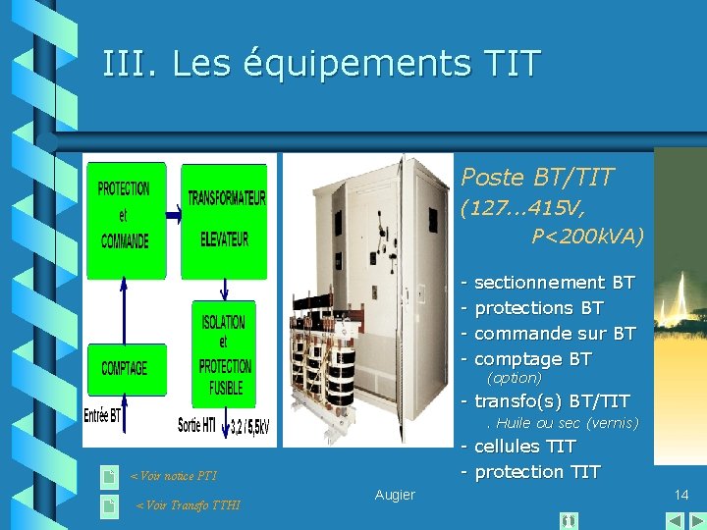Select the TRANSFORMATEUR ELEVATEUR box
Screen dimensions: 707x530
(226, 218)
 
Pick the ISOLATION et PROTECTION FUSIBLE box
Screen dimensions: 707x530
(225, 353)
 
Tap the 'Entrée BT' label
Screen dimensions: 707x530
(103, 415)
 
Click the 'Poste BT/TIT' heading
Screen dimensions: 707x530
(537, 178)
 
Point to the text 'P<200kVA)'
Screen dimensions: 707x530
(587, 237)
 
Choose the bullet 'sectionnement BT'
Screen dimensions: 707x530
(554, 283)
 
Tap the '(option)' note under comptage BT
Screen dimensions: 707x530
(515, 378)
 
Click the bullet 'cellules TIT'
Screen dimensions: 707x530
(524, 447)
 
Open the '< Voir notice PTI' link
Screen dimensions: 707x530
(174, 477)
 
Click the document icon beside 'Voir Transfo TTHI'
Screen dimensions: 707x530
(110, 505)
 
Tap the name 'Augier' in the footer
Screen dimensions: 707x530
(395, 495)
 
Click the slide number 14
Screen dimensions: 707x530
(682, 495)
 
